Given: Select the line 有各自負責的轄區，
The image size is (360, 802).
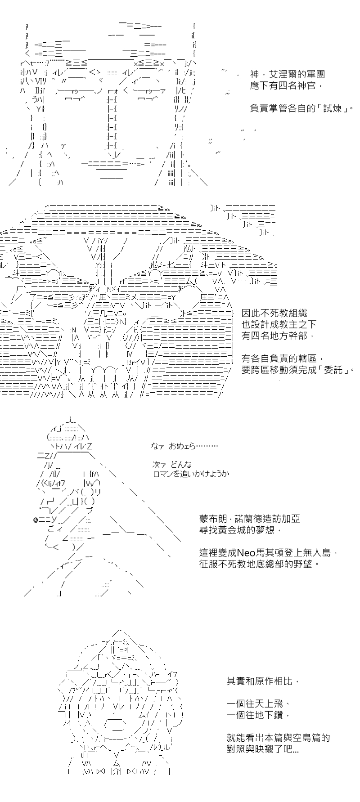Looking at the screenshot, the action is pyautogui.click(x=283, y=358).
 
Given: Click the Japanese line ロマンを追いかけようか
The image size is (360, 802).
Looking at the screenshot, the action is pyautogui.click(x=191, y=474).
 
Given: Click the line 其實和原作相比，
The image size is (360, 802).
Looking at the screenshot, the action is pyautogui.click(x=263, y=682).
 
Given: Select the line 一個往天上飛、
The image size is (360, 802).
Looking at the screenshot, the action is pyautogui.click(x=258, y=704).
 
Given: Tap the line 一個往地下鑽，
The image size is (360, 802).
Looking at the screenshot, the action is pyautogui.click(x=258, y=716).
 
